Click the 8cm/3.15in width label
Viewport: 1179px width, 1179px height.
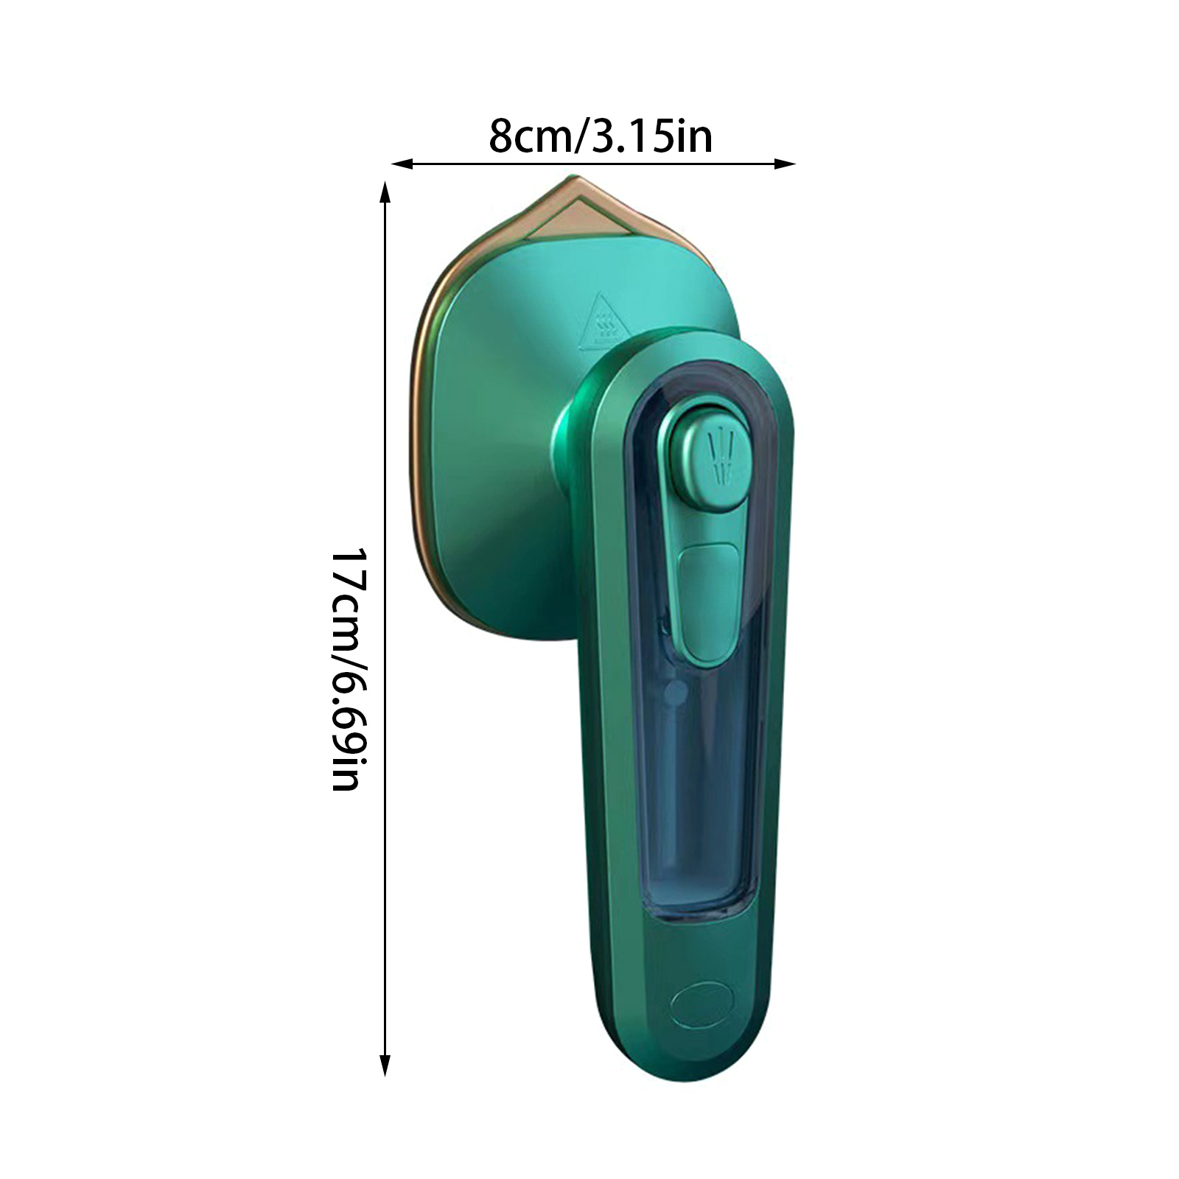[x=601, y=136]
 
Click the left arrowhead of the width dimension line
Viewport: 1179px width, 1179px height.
[x=402, y=164]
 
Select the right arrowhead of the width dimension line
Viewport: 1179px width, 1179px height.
[x=786, y=164]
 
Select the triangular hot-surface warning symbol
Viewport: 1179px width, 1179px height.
[x=601, y=321]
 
